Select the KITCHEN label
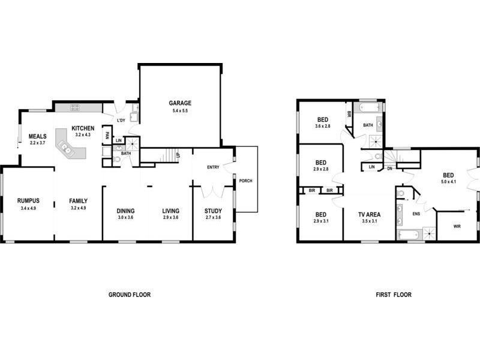pos(83,128)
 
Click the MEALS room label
pos(37,136)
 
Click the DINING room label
pos(125,211)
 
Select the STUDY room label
pos(213,211)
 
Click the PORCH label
pos(245,181)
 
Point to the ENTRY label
pos(213,167)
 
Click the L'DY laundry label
pos(121,121)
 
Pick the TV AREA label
pos(369,214)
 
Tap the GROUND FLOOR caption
pos(129,295)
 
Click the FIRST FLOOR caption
pos(394,295)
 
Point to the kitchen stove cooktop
pos(76,107)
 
